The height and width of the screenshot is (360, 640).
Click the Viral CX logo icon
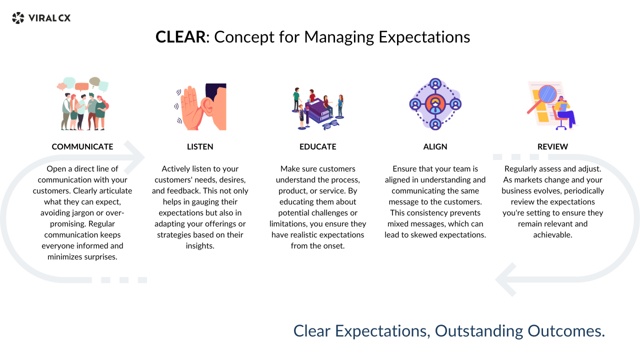point(18,18)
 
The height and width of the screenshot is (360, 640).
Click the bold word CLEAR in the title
point(180,37)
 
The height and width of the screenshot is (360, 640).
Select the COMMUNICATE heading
point(82,146)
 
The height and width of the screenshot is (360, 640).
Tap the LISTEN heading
point(200,146)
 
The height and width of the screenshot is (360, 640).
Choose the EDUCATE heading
point(318,146)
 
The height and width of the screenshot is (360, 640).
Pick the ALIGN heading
point(435,146)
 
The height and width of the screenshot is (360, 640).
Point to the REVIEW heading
point(552,146)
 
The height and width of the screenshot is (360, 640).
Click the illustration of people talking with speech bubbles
point(82,103)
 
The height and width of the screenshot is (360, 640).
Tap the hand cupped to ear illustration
point(200,106)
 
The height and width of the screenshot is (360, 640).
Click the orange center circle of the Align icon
point(435,104)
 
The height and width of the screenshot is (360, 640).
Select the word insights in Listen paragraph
point(200,245)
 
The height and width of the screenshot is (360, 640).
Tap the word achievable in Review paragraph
point(552,234)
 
